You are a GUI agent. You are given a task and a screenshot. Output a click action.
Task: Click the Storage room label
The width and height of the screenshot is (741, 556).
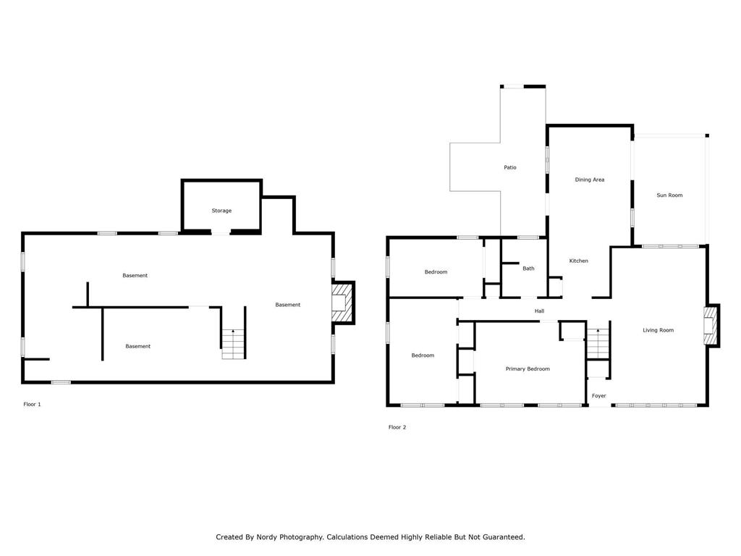221,211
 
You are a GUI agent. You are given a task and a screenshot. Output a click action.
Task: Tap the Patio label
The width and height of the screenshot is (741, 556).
510,167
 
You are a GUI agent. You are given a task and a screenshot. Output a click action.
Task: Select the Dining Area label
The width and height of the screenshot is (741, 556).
589,180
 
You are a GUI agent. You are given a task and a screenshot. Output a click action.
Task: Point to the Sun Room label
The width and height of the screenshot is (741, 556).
669,195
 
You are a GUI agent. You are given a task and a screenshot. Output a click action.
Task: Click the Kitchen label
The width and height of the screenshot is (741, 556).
578,261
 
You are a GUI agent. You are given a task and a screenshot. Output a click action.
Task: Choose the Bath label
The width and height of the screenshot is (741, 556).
528,268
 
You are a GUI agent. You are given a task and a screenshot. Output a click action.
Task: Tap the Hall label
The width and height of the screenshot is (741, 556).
539,311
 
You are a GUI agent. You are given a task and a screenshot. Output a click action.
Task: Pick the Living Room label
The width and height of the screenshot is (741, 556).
658,330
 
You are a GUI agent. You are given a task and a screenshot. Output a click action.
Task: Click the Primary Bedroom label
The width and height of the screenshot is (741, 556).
528,368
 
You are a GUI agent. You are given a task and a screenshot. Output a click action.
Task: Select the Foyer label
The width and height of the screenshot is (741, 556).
598,396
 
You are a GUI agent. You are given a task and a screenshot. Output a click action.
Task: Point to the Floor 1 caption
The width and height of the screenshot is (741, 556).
32,404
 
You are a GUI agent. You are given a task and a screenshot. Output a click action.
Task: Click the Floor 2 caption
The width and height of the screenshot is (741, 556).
397,427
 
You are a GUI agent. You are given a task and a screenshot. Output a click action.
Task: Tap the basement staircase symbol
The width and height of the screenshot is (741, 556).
234,344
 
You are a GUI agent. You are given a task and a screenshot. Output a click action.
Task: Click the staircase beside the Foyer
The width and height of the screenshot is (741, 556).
598,343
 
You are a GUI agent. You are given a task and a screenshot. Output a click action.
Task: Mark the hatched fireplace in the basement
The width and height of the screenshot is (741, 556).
342,303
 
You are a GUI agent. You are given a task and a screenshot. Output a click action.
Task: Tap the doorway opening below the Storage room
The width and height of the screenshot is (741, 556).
220,232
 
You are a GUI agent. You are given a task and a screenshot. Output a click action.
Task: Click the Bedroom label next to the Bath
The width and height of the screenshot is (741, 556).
436,272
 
